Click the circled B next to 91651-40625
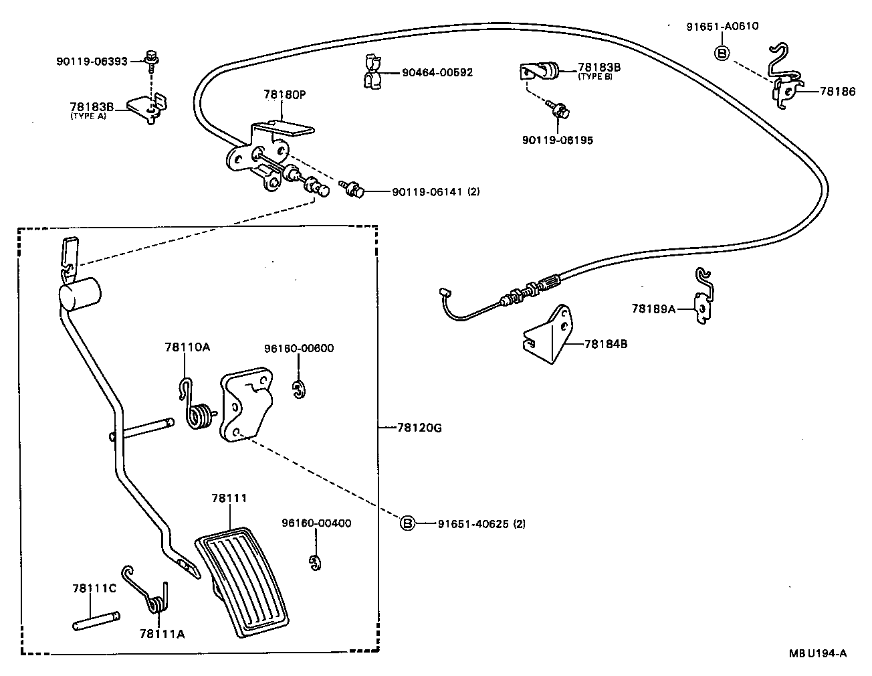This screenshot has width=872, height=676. tap(408, 523)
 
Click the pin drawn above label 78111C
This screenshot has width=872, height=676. tap(96, 618)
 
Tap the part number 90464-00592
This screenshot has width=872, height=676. tap(437, 72)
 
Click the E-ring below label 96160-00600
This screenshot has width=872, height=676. tap(298, 390)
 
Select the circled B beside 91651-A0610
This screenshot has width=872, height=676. tap(722, 53)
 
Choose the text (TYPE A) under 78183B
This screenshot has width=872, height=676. tap(88, 116)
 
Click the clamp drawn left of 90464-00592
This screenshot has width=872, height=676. tap(373, 72)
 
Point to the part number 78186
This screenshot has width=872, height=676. tap(835, 92)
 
